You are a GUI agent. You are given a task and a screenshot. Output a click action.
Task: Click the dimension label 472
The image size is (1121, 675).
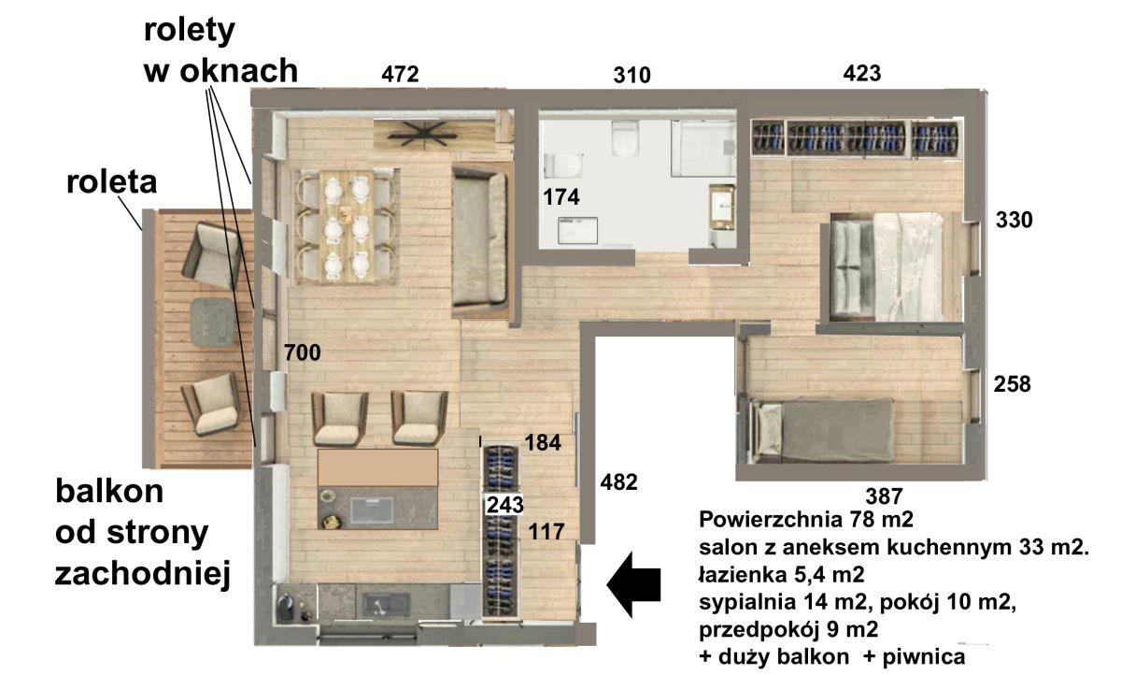(400, 74)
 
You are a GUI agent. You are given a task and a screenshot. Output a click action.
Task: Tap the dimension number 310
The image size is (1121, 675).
(632, 75)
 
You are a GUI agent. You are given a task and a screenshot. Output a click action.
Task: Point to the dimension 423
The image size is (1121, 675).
(861, 73)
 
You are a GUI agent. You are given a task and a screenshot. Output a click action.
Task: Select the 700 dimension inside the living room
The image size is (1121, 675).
(303, 352)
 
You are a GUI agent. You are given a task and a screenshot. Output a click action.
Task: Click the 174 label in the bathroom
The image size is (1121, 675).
(561, 197)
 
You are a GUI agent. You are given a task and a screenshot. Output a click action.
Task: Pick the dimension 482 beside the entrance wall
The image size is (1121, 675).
(619, 482)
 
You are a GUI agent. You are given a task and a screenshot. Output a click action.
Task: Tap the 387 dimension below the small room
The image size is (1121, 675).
(885, 496)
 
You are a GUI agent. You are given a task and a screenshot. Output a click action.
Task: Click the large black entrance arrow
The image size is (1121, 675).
(633, 584)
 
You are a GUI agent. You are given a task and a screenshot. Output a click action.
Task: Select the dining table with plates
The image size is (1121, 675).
(347, 227)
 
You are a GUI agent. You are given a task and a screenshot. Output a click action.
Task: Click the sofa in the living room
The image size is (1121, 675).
(480, 237)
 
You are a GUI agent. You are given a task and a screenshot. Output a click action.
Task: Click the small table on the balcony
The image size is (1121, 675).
(213, 322)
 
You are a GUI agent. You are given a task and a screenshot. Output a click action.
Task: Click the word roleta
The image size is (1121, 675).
(111, 181)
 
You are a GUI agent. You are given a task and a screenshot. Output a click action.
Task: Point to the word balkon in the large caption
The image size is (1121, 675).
(109, 491)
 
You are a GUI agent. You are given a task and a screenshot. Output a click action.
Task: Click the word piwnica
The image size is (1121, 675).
(924, 656)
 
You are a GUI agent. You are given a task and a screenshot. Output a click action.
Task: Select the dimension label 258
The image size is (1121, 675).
(1012, 384)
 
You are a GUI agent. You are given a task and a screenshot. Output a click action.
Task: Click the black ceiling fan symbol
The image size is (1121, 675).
(424, 134)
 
